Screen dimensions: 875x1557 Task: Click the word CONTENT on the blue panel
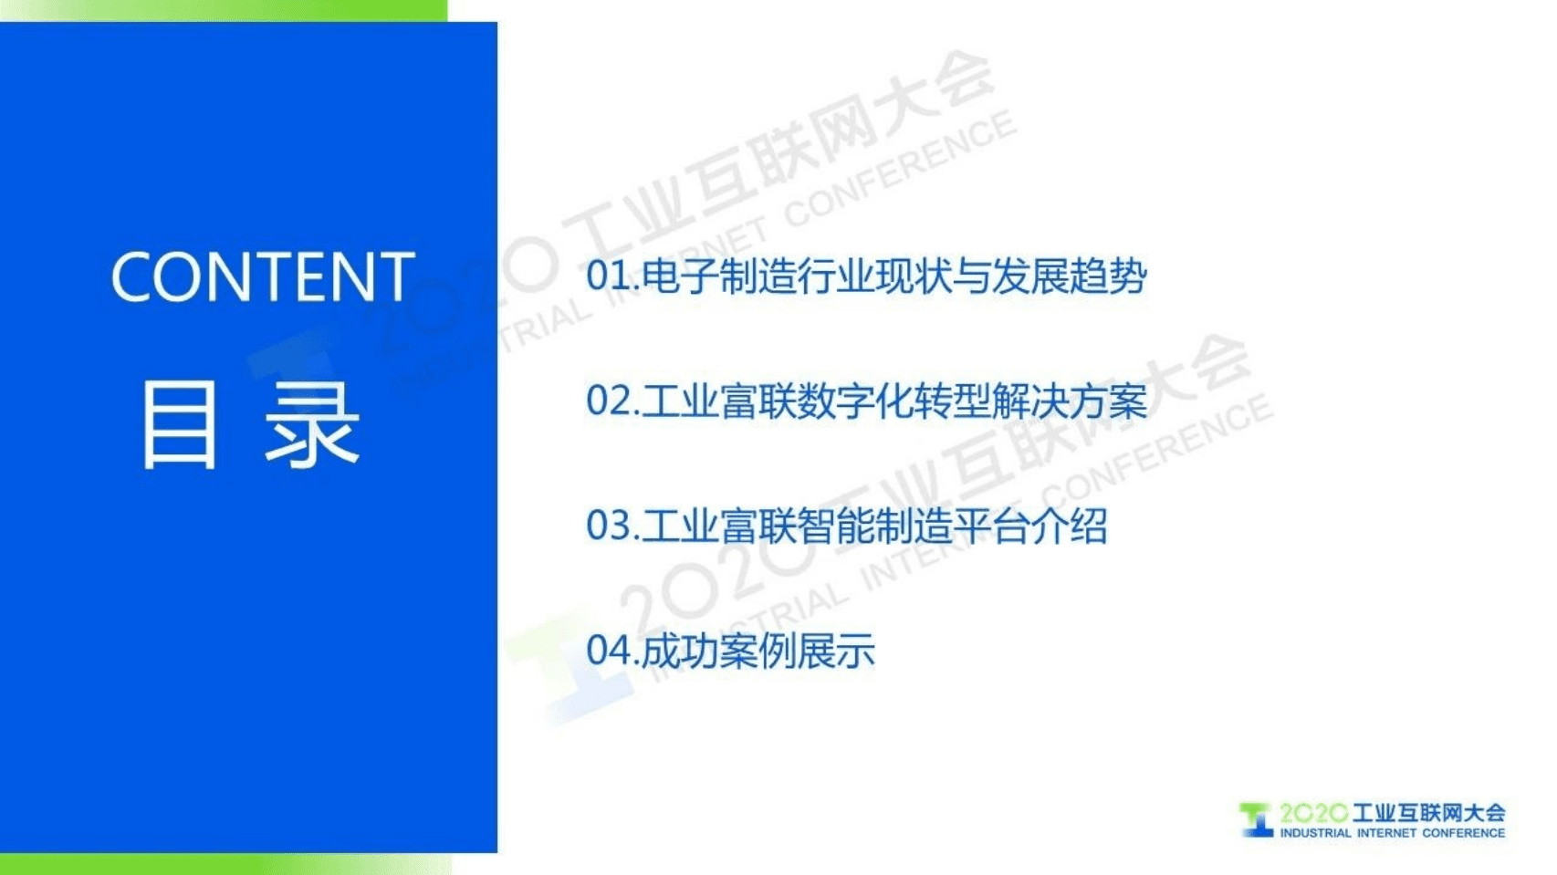(263, 277)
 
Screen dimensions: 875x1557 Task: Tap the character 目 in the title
(180, 425)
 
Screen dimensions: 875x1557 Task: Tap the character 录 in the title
(313, 425)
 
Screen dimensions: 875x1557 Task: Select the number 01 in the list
(607, 276)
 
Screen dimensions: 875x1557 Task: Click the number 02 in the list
(608, 401)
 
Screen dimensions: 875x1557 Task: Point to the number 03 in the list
(608, 526)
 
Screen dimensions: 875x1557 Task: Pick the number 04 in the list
(608, 651)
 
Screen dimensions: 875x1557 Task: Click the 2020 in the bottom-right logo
(1312, 813)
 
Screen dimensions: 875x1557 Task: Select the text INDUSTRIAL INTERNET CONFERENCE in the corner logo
(1392, 833)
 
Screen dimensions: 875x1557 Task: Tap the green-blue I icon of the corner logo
(1256, 819)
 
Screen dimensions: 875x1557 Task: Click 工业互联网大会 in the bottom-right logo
(1428, 813)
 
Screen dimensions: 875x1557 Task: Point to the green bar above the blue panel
(224, 10)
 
